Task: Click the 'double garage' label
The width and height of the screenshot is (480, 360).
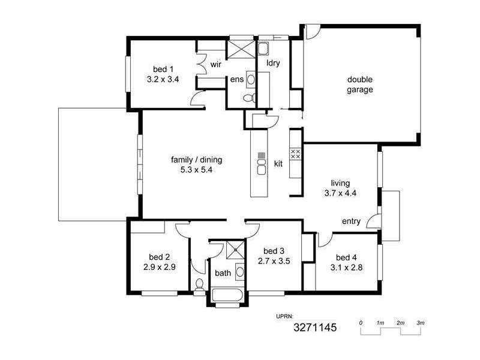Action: pos(360,85)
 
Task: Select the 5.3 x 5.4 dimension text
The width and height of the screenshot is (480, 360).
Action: pos(197,170)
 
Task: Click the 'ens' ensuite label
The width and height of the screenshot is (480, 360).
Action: pos(236,79)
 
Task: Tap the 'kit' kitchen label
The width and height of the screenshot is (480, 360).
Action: pos(278,163)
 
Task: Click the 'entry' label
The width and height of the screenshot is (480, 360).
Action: pos(351,221)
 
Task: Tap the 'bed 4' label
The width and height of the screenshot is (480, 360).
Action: pos(346,254)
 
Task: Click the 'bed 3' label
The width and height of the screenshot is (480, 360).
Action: pos(273,251)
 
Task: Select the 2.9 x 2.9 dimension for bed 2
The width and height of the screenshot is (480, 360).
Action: pos(159,268)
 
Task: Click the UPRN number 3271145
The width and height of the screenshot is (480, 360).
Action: pos(315,328)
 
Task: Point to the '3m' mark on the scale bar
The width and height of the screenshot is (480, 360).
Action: pos(421,323)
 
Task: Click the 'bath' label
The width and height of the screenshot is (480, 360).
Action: pos(223,274)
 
